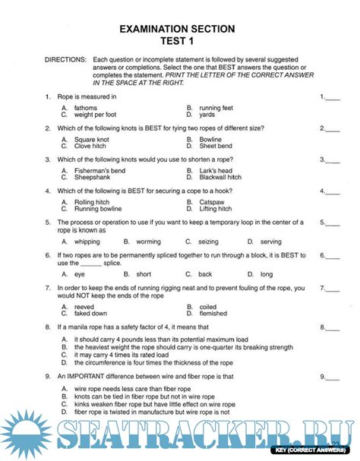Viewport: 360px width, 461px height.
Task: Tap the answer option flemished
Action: point(215,313)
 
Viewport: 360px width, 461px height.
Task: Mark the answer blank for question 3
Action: point(333,159)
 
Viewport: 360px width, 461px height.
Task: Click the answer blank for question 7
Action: point(333,289)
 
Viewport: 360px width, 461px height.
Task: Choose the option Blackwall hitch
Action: point(221,177)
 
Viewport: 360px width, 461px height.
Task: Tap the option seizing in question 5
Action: point(209,241)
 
